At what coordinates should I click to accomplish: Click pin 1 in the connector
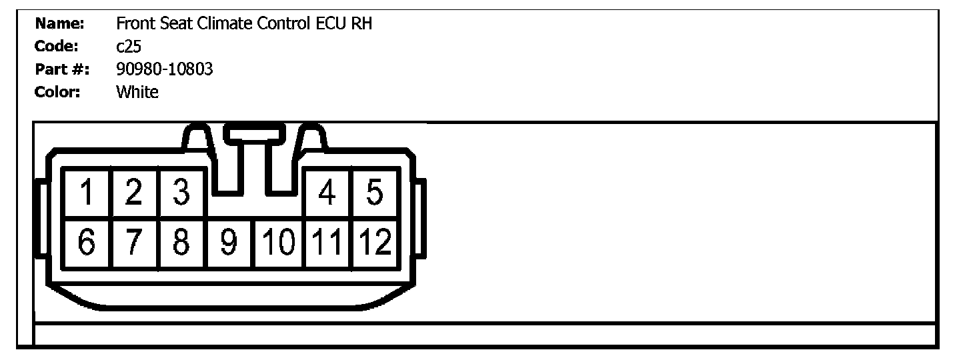87,193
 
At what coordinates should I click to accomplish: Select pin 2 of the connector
135,193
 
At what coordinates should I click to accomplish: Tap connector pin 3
181,193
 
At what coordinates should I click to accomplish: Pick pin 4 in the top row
327,193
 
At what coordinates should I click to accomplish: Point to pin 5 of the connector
375,193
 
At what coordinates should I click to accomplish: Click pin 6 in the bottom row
87,243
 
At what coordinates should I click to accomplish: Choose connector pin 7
135,243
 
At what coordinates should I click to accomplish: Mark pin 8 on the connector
181,243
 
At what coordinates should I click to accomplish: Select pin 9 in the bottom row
230,243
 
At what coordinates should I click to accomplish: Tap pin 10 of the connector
279,243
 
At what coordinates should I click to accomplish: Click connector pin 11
327,243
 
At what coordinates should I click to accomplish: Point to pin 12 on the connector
375,243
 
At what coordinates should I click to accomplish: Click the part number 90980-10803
165,69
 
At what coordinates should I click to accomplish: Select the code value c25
128,47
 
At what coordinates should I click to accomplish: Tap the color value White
137,92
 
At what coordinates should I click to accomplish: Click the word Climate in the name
226,25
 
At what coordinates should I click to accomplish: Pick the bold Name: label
59,25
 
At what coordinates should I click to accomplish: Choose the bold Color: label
57,92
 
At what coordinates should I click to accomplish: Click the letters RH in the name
361,25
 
